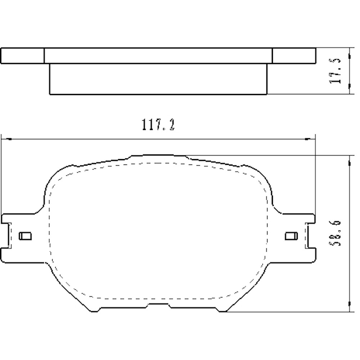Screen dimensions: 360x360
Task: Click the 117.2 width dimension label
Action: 158,125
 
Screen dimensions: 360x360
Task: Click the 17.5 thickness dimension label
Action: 336,71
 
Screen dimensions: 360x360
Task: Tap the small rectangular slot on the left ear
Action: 25,236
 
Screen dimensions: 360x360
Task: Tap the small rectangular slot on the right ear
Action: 291,236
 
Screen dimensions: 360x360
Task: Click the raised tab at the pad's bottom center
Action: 159,306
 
